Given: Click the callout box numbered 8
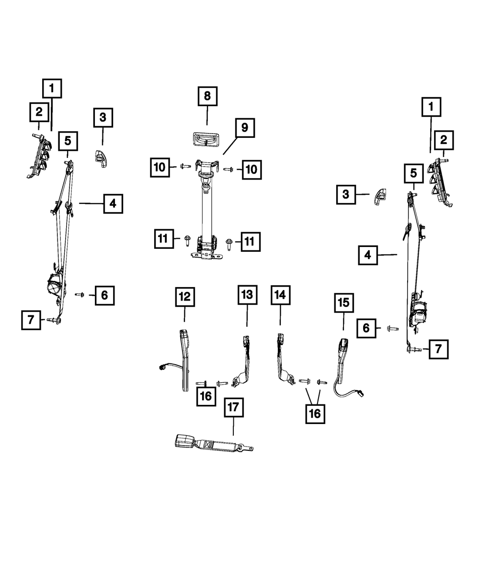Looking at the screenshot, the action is [207, 96].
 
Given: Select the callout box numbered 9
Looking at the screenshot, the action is [245, 128].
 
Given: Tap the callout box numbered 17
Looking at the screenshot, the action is [234, 407].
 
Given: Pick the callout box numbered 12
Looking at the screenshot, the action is [185, 297].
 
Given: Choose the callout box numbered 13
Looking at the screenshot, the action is [247, 295].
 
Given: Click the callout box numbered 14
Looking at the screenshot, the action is [280, 295].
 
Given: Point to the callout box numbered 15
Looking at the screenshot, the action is [344, 303].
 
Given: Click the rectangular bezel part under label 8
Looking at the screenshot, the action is [205, 139].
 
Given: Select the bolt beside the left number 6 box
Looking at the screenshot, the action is [80, 295].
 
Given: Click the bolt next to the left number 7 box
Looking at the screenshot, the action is [53, 320].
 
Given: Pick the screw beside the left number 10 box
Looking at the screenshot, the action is [185, 167].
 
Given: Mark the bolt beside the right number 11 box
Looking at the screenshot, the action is [229, 244].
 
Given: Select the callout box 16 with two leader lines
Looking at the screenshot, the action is [315, 414].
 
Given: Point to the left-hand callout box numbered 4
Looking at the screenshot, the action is [113, 204].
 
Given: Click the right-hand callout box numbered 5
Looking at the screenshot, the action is [413, 173].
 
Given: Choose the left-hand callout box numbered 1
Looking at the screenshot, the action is [52, 89].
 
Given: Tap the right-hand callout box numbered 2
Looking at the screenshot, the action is [444, 140].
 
